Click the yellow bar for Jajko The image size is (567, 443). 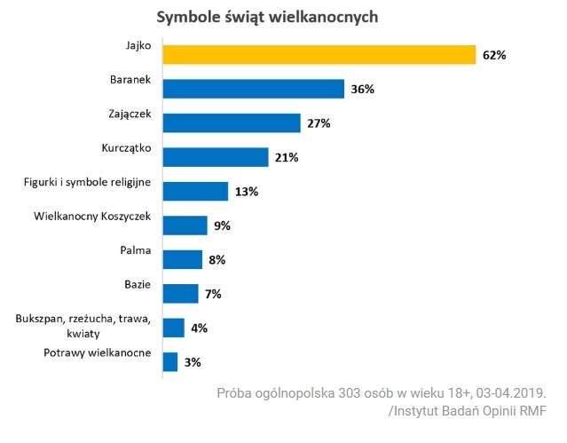click(x=319, y=54)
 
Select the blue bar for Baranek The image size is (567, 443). click(x=254, y=89)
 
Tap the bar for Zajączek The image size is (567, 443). click(x=232, y=123)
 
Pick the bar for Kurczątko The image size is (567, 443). click(x=216, y=157)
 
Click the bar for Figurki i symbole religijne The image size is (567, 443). click(x=195, y=191)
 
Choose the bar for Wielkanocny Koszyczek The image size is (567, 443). click(x=185, y=225)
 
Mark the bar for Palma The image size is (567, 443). click(x=183, y=259)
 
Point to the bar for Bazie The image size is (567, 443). click(x=181, y=293)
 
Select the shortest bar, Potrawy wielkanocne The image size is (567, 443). click(x=170, y=361)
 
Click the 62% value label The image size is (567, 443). click(x=494, y=55)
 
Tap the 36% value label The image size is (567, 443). click(x=362, y=90)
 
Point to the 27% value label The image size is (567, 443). click(x=319, y=123)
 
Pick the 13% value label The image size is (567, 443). click(x=246, y=192)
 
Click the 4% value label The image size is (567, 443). click(x=199, y=328)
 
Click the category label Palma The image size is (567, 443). click(x=136, y=250)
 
